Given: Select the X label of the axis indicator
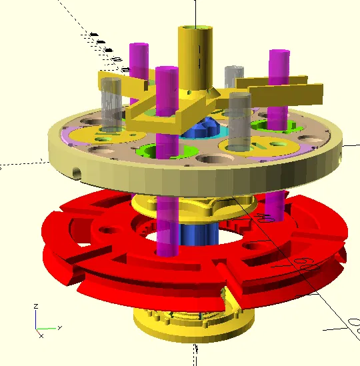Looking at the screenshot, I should click(60, 327).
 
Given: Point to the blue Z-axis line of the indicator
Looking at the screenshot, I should click(37, 319).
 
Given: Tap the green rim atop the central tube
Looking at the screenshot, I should click(194, 28).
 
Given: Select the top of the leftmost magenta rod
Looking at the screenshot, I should click(139, 48).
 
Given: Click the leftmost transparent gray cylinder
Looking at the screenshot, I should click(111, 103).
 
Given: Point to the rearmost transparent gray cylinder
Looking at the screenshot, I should click(234, 77).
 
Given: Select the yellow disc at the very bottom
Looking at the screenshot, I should click(193, 327).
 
